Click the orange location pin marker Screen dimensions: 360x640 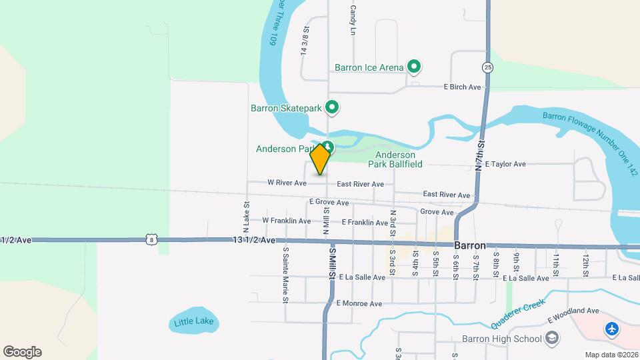coord(321,159)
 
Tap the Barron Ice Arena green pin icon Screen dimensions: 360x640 coord(414,67)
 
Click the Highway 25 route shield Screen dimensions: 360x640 coord(488,67)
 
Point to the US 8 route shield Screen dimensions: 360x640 coord(152,239)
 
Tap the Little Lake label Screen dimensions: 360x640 coord(194,322)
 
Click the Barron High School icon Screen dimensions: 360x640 coord(551,339)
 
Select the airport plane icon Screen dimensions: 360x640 coord(611,329)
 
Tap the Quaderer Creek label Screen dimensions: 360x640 coord(519,314)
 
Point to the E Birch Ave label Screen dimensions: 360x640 coord(463,87)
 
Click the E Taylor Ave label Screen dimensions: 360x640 coord(505,164)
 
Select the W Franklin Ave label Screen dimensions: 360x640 coord(287,221)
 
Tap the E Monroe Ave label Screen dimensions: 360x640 coord(359,303)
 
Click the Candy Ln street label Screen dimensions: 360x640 coord(353,19)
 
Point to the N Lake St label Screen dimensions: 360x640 coord(246,214)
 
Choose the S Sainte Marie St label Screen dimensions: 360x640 coord(285,275)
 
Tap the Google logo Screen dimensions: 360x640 coord(22,352)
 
